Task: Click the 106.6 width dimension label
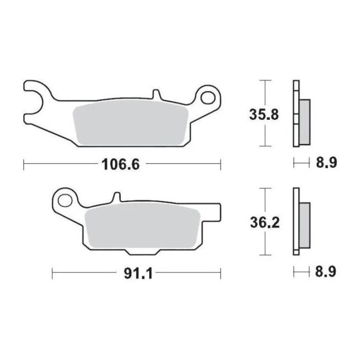tap(118, 165)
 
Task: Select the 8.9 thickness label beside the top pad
tap(325, 164)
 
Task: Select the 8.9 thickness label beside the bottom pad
tap(325, 272)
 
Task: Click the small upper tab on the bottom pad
tap(117, 197)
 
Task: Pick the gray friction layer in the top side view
tap(303, 121)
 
